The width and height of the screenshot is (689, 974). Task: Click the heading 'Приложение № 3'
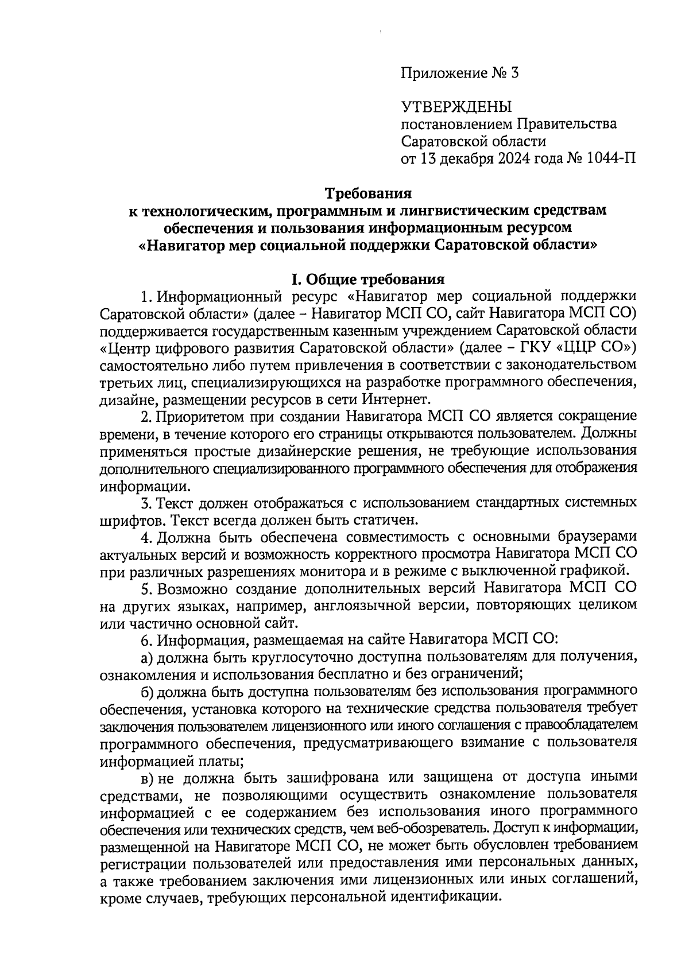(459, 73)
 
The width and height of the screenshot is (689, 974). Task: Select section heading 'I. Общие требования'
(367, 280)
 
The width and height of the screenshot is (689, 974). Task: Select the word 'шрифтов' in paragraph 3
(127, 520)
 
